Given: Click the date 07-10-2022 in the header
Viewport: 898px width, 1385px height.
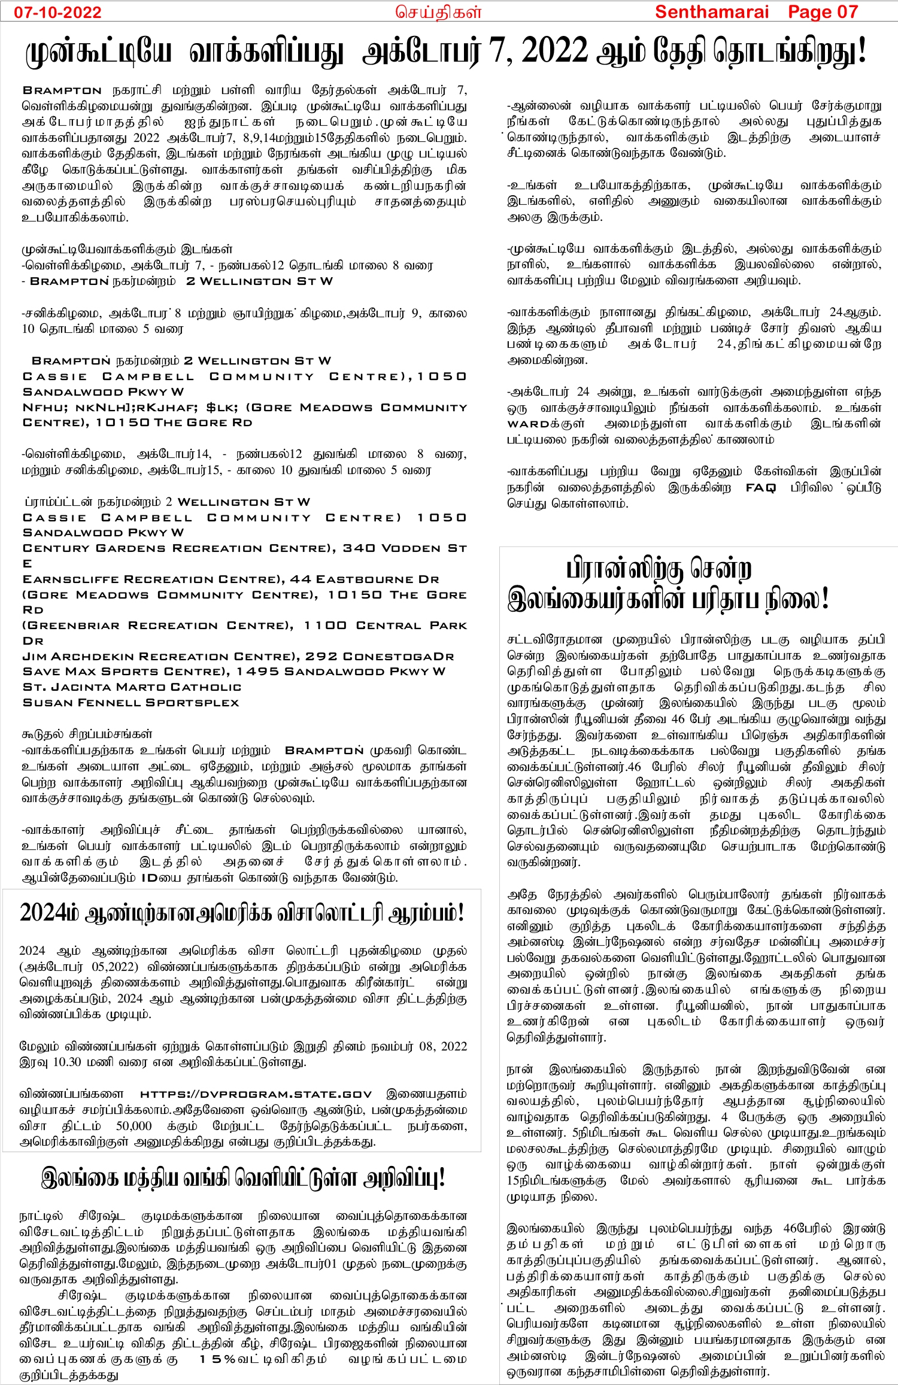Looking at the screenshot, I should [x=57, y=12].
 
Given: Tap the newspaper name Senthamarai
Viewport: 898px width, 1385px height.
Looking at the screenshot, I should [x=711, y=12].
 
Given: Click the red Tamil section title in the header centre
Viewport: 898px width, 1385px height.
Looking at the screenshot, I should [x=438, y=13].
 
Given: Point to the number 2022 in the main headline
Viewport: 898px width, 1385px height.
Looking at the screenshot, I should [x=554, y=51].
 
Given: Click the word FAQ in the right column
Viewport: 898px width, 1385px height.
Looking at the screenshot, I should [x=760, y=488].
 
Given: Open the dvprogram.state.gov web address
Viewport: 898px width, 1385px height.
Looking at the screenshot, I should [x=256, y=1094].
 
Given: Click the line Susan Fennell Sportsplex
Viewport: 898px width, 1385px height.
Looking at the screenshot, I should [x=131, y=703].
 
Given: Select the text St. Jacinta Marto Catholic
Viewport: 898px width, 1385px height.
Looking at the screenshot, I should [x=132, y=687].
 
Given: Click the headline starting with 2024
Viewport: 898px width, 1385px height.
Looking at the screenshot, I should [x=242, y=913].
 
